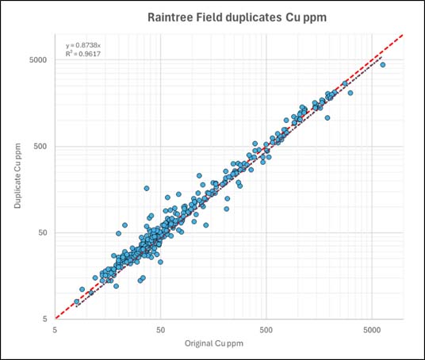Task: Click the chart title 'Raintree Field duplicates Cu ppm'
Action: coord(216,17)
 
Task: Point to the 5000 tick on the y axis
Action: coord(37,59)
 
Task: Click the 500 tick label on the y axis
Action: coord(40,146)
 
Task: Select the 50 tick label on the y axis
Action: coord(42,232)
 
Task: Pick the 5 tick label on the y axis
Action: coord(44,319)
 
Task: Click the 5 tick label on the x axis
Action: coord(55,327)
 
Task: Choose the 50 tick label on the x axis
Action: coord(160,327)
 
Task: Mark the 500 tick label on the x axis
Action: coord(266,327)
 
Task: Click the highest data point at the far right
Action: coord(382,64)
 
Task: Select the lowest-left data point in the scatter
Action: coord(77,302)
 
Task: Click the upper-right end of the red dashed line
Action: coord(403,35)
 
